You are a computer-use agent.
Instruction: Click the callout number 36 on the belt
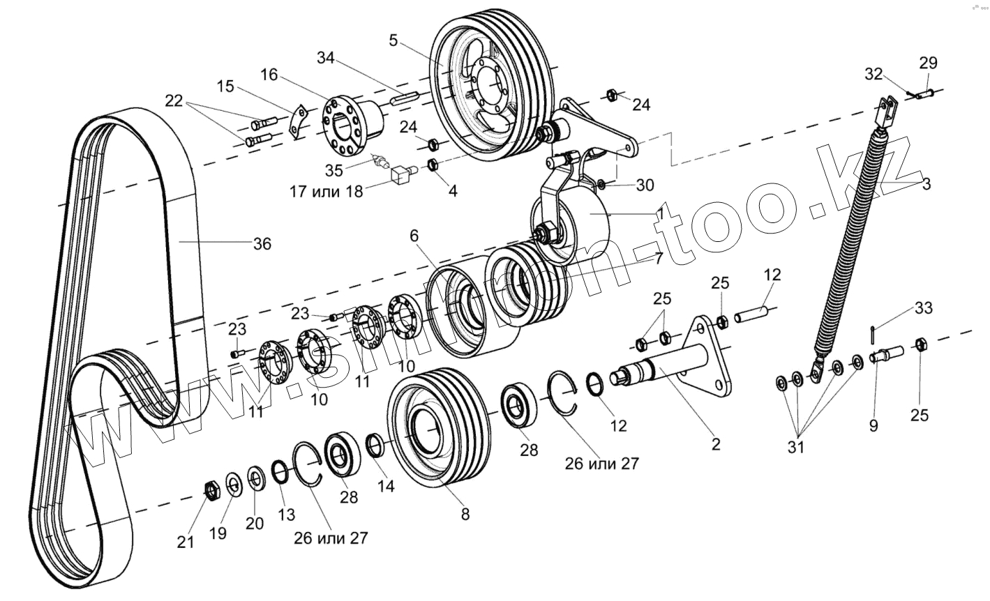pos(262,243)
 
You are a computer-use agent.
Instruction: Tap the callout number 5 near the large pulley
pos(393,40)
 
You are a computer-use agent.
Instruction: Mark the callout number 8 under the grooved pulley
pos(465,515)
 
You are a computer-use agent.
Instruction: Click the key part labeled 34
pos(404,98)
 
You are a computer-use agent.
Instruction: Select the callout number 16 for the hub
pos(269,75)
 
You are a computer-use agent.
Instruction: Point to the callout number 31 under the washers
pos(796,448)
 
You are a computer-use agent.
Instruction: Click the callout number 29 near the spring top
pos(928,63)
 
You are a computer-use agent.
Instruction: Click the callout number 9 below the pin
pos(873,425)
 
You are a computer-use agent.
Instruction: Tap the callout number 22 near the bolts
pos(174,102)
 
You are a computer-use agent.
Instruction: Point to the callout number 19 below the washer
pos(218,533)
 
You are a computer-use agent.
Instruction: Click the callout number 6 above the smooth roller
pos(414,236)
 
